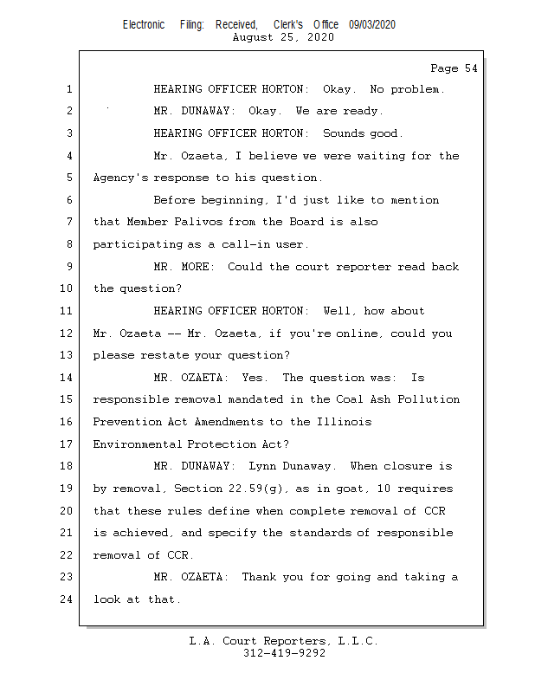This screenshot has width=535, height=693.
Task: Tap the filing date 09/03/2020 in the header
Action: tap(372, 25)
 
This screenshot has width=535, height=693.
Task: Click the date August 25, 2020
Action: tap(284, 37)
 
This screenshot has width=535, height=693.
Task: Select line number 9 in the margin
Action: tap(68, 267)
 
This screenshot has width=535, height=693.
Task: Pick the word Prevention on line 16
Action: tap(124, 422)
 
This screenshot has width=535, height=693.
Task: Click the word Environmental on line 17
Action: tap(137, 444)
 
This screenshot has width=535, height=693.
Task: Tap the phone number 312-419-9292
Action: tap(284, 653)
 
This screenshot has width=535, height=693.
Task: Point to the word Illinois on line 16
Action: tap(345, 422)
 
